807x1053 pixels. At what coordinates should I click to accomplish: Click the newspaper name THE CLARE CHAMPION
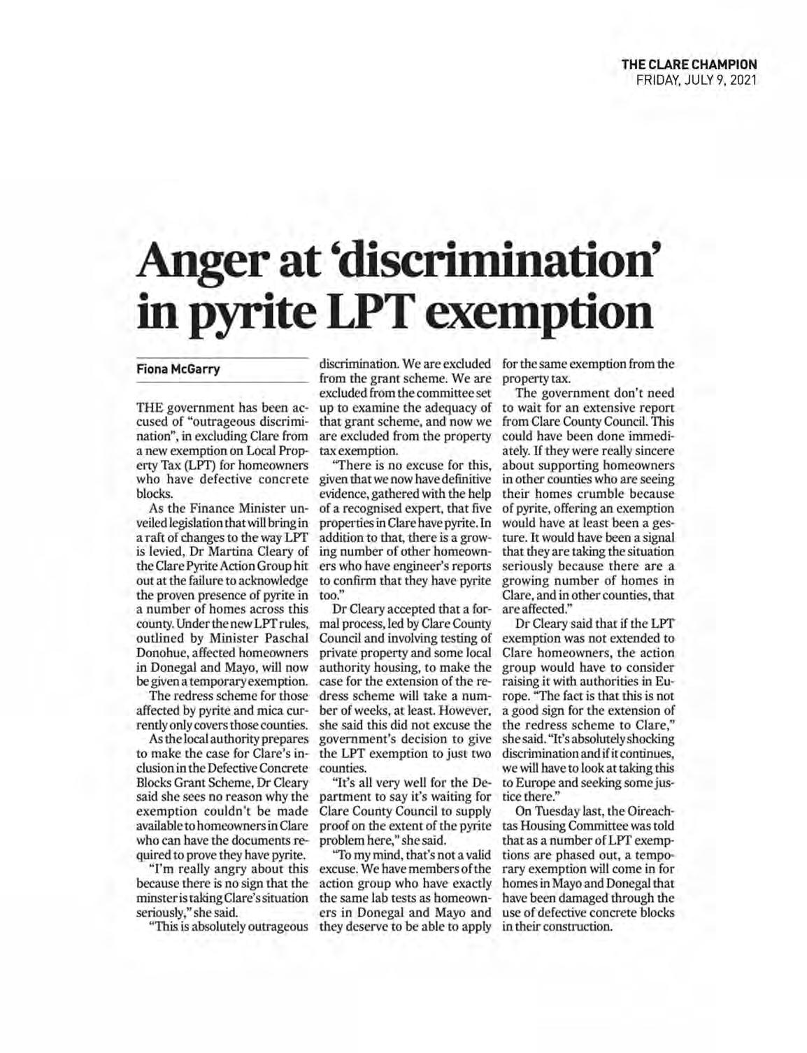[690, 65]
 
